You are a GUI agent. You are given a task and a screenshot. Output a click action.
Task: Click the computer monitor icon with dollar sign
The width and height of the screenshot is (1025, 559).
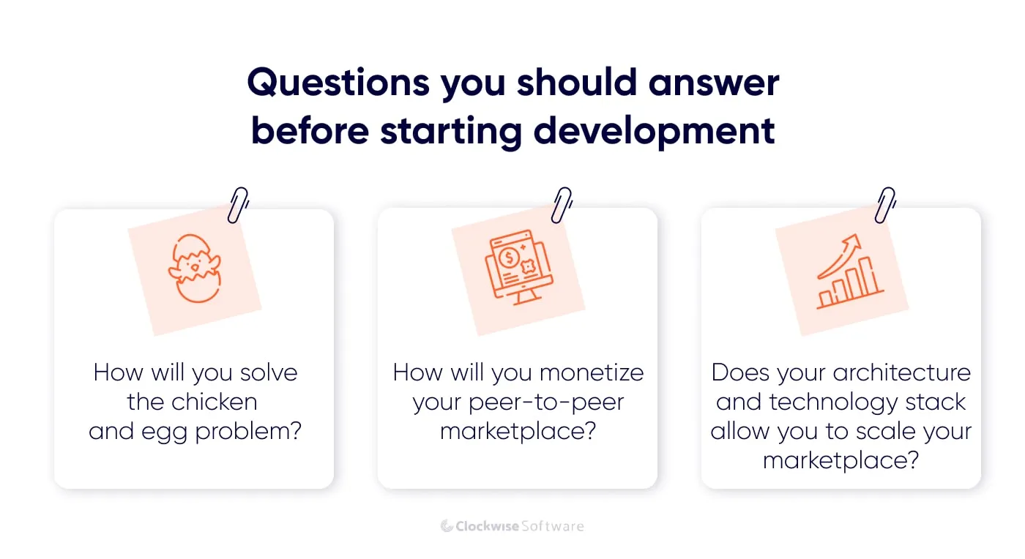pyautogui.click(x=518, y=267)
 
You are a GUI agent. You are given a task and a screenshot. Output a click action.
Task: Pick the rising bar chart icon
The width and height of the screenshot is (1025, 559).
pyautogui.click(x=850, y=272)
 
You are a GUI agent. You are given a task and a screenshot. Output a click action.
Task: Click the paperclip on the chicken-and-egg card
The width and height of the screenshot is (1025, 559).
pyautogui.click(x=238, y=204)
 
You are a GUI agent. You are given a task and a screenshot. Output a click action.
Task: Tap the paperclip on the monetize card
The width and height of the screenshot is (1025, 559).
pyautogui.click(x=562, y=204)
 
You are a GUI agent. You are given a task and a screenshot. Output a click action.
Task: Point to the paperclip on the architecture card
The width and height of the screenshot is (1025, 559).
pyautogui.click(x=885, y=204)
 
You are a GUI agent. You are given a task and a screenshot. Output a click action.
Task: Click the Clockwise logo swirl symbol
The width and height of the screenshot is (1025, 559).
pyautogui.click(x=447, y=526)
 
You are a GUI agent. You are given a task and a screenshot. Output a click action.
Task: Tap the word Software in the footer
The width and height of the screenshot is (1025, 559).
pyautogui.click(x=552, y=526)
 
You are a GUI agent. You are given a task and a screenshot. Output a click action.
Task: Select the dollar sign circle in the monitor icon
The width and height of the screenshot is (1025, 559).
pyautogui.click(x=507, y=256)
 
